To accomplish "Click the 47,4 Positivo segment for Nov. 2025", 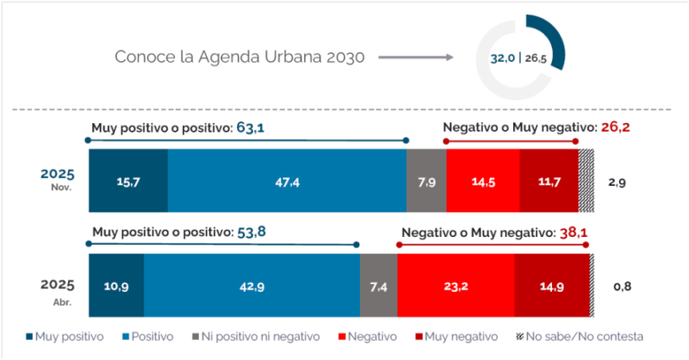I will click(x=287, y=181).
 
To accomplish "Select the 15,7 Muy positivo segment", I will click(x=128, y=181).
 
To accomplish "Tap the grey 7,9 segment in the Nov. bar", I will click(x=426, y=181).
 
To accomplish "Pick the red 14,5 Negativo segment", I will click(x=483, y=181).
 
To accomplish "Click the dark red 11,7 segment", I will click(x=549, y=181).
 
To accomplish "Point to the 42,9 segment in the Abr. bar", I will click(x=251, y=286).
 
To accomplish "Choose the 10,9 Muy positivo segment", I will click(x=116, y=286).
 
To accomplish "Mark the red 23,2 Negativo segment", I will click(x=456, y=286).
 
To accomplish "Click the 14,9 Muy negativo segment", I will click(x=551, y=286).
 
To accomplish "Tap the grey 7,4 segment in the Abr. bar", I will click(x=378, y=286).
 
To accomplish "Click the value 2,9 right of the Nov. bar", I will click(x=618, y=182).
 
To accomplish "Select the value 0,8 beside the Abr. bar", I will click(x=620, y=286).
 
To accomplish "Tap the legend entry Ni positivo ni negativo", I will click(x=258, y=336).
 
